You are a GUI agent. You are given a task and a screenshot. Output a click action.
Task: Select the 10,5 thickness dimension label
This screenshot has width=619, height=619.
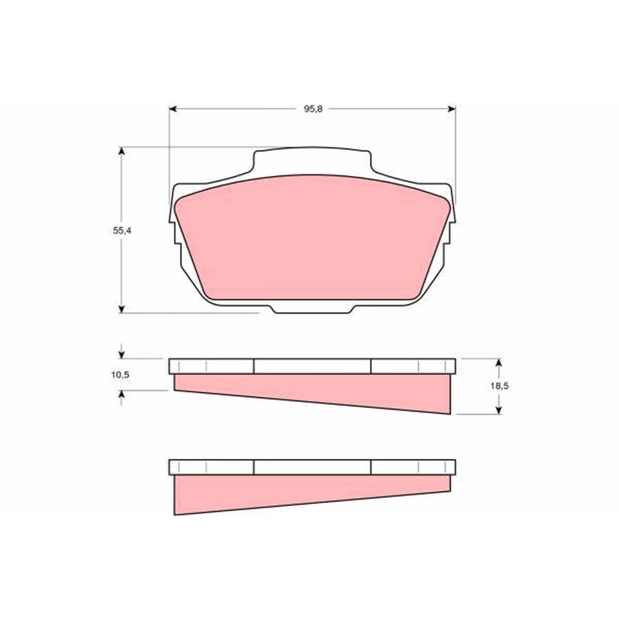121,374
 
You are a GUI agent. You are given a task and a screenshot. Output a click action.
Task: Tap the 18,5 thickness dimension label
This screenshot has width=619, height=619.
499,386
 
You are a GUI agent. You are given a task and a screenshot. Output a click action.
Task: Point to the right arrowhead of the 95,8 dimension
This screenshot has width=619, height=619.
452,109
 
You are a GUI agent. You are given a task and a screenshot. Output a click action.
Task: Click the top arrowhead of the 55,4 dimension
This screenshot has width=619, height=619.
121,151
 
